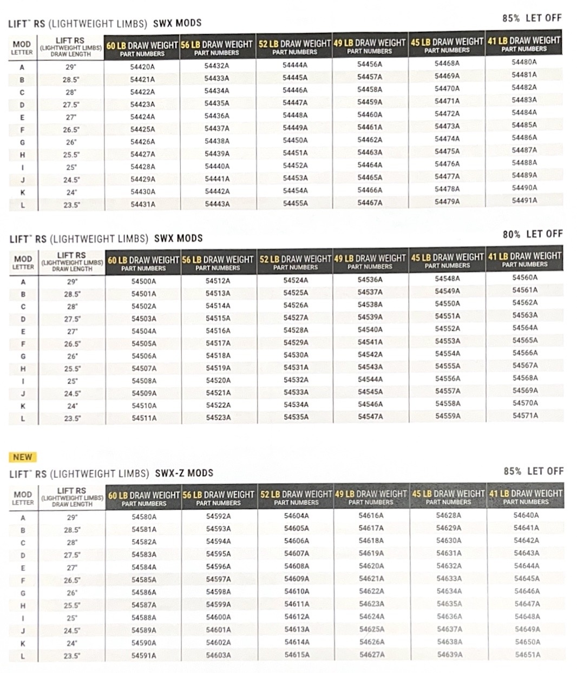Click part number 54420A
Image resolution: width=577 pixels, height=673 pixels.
(x=142, y=67)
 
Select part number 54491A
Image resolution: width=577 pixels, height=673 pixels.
(x=524, y=200)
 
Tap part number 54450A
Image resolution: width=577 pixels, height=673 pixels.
(x=295, y=140)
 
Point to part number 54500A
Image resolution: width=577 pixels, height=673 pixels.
(x=143, y=281)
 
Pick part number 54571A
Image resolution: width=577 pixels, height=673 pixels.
(x=525, y=415)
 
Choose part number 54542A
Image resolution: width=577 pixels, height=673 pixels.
(x=370, y=354)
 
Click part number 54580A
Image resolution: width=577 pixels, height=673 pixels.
(x=144, y=517)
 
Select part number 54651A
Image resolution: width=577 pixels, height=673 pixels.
(x=527, y=655)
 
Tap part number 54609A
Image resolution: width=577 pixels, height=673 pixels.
(x=297, y=579)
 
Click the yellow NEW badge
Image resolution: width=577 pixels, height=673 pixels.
(x=22, y=457)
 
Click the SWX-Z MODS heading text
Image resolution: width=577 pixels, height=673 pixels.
(x=184, y=473)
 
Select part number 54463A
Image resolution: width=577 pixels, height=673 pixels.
(x=370, y=152)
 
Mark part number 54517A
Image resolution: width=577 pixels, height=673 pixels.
(x=218, y=343)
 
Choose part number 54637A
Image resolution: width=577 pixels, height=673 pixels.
(x=449, y=629)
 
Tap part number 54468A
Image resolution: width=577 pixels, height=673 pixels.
(x=447, y=63)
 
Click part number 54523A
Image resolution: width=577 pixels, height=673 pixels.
(x=218, y=418)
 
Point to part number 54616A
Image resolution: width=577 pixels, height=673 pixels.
(x=371, y=516)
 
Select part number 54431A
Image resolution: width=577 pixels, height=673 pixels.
(x=142, y=204)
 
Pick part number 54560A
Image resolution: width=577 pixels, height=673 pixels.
(x=525, y=278)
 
